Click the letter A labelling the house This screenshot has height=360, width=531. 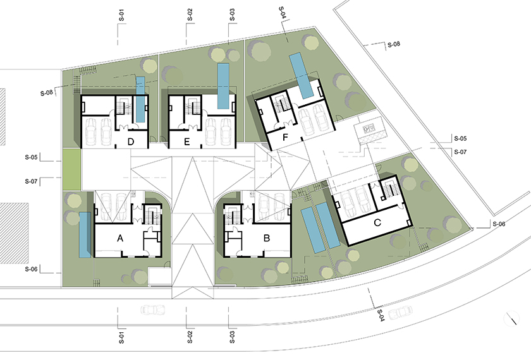pos(120,239)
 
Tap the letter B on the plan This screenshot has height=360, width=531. pos(267,238)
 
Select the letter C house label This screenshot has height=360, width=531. pos(377,223)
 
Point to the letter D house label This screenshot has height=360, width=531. pos(131,141)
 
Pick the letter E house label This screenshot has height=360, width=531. pos(186,142)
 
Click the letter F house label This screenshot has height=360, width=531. pos(285,138)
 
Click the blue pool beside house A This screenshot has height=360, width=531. pos(85,235)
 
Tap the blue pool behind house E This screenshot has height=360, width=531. pos(223,86)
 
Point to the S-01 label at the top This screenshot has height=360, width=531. pos(121,15)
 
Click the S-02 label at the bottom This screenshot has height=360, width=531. pos(190,337)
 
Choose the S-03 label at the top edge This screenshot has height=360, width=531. pos(232,15)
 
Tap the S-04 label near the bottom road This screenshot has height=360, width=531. pos(380,315)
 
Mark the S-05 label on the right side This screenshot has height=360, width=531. pos(460,138)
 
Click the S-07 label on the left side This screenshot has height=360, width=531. pos(31,181)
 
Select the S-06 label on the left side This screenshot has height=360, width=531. pos(31,269)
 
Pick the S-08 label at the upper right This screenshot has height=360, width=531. pos(394,44)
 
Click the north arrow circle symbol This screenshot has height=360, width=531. pos(511,318)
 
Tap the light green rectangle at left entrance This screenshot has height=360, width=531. pos(71,170)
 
